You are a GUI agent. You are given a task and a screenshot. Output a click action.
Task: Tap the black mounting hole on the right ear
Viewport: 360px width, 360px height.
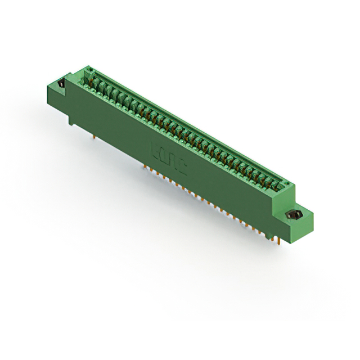pos(292,215)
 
